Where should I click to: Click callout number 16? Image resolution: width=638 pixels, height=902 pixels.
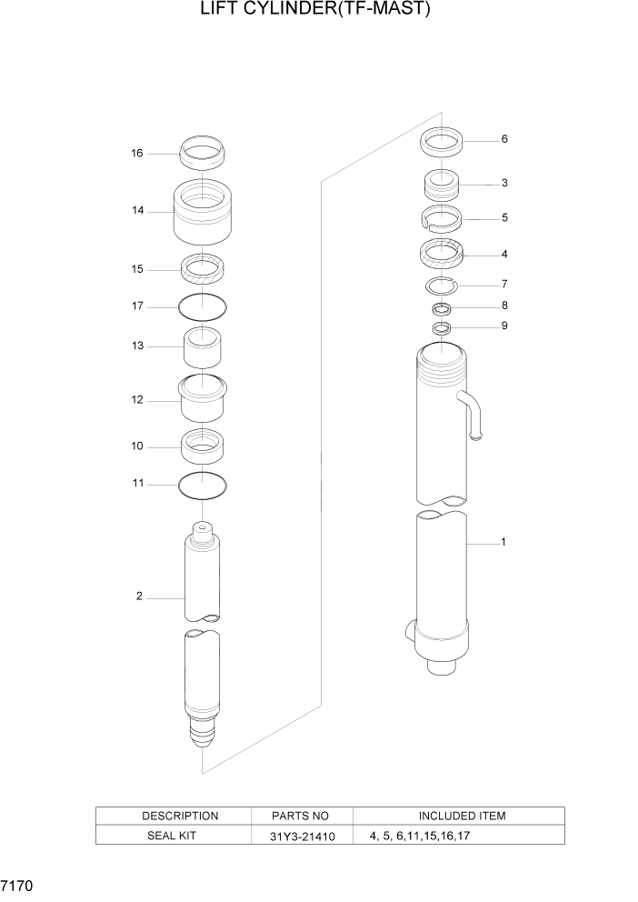[x=136, y=154]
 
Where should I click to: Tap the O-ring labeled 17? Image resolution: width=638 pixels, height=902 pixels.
[x=202, y=306]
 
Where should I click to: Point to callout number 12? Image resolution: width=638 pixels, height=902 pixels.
[x=136, y=399]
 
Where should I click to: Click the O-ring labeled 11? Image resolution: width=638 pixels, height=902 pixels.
[x=202, y=486]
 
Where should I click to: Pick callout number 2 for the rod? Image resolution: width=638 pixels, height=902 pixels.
[x=139, y=596]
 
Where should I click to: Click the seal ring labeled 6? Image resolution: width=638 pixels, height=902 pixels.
[x=441, y=142]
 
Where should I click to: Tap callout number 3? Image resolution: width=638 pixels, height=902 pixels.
[x=504, y=183]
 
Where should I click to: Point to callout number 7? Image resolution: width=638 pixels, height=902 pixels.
[x=504, y=284]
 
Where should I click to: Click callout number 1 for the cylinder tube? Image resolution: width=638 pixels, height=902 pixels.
[x=503, y=542]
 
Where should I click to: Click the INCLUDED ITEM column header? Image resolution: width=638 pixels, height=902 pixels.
[x=462, y=816]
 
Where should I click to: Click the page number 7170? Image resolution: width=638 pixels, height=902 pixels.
[x=18, y=883]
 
